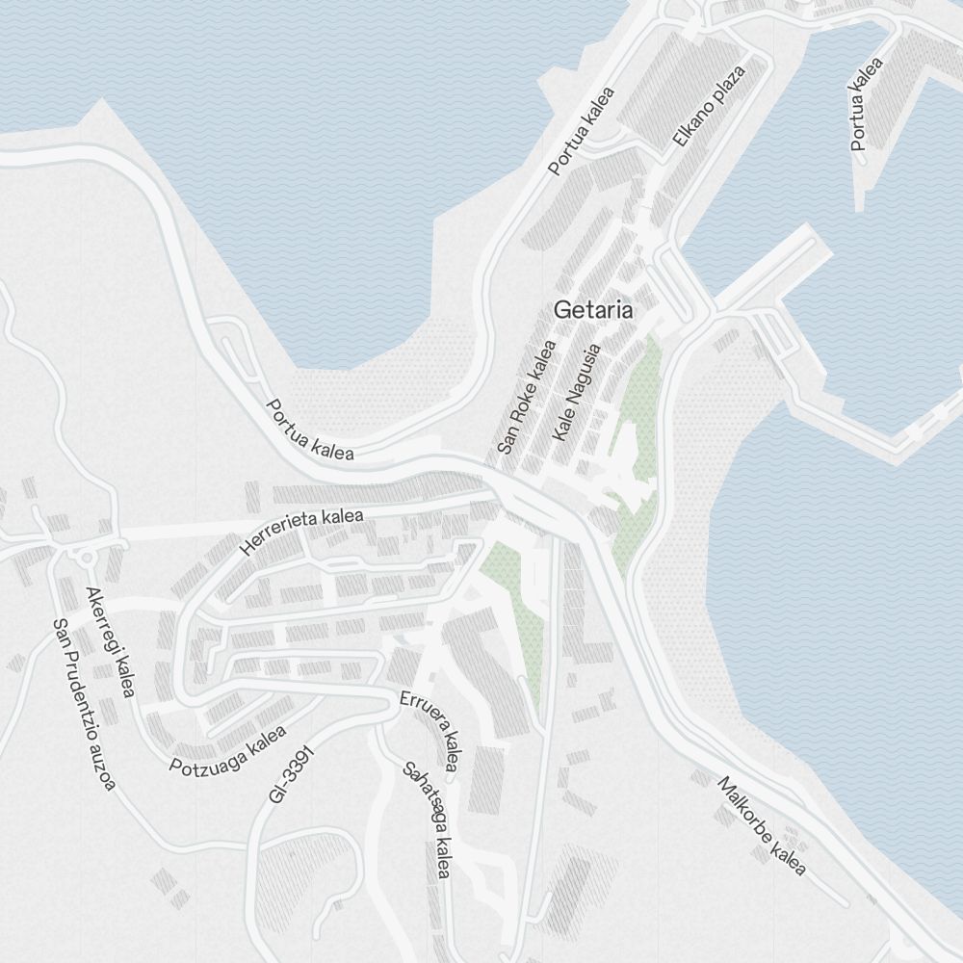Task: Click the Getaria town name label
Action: (x=593, y=310)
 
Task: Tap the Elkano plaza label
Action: (x=710, y=106)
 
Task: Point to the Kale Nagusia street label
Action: (x=577, y=393)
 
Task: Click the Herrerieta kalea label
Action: (x=302, y=531)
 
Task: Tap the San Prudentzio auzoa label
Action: (x=84, y=704)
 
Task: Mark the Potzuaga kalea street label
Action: (x=227, y=751)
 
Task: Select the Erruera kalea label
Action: (x=429, y=729)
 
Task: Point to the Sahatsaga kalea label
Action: (x=428, y=820)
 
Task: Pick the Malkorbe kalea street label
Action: (x=761, y=825)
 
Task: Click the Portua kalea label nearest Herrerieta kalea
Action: (x=309, y=429)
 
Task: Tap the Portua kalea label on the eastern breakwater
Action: (x=867, y=104)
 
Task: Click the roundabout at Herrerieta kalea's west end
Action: (x=88, y=557)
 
